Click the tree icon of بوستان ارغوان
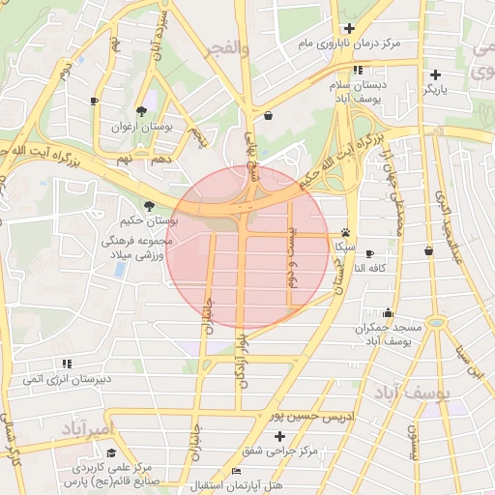coord(142,111)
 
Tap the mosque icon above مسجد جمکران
coord(389,312)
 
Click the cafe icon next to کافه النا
coord(369,253)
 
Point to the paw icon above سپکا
coord(346,232)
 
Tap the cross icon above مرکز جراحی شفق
coord(279,437)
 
